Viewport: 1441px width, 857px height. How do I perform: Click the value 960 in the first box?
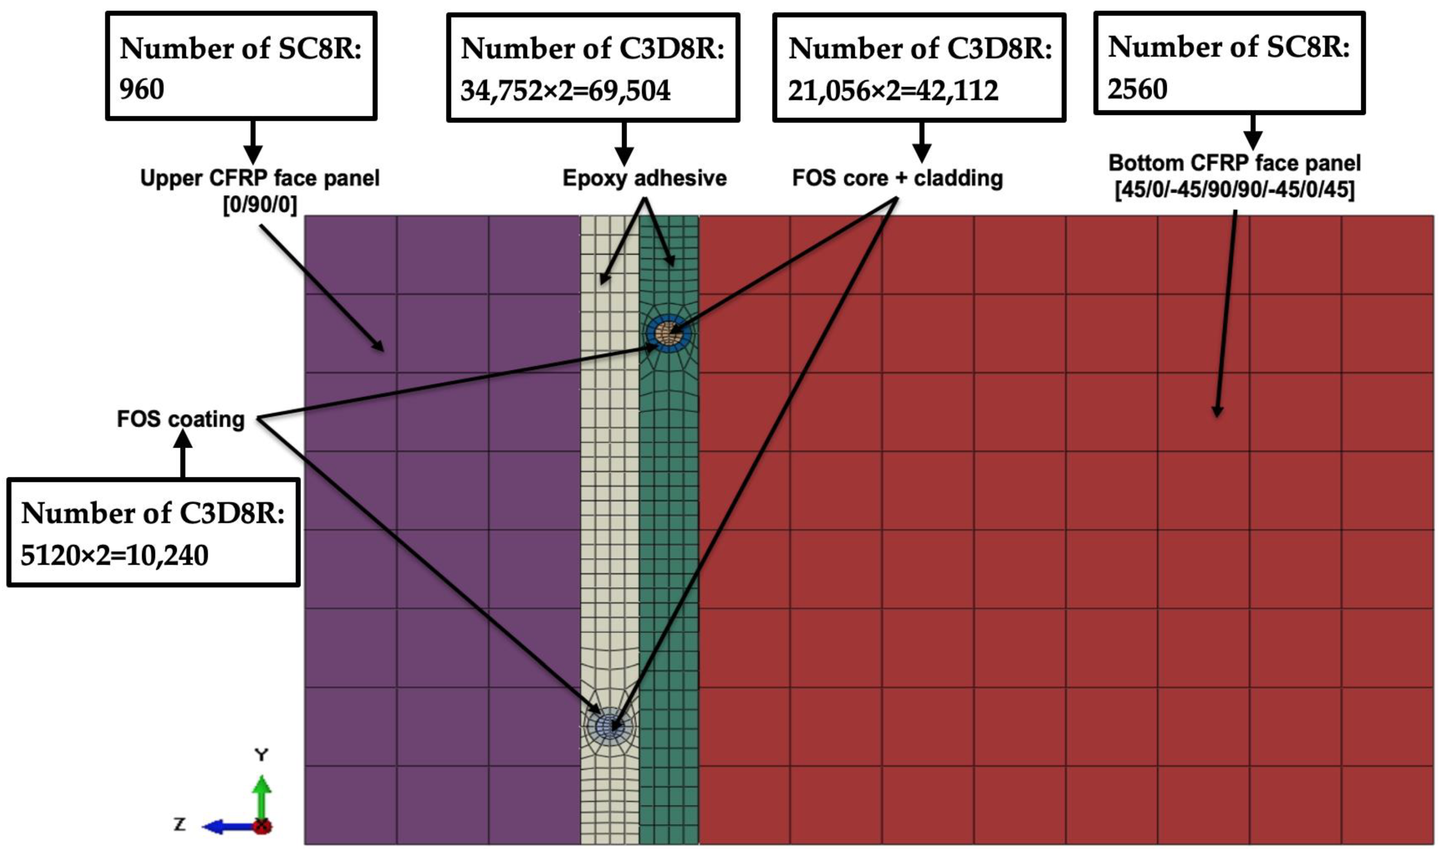click(142, 89)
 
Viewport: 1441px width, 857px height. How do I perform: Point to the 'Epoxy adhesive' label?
click(644, 178)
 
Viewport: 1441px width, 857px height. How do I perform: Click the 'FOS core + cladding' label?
click(897, 178)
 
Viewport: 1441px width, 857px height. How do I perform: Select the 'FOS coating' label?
click(181, 419)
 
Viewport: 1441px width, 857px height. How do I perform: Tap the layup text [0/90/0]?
click(260, 204)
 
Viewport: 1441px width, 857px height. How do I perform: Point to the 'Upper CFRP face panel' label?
click(260, 178)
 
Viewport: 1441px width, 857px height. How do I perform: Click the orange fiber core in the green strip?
click(668, 333)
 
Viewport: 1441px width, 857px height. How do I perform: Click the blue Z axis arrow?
click(228, 826)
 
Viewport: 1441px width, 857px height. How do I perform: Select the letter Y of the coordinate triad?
click(262, 755)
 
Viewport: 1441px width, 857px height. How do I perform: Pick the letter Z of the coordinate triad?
click(180, 824)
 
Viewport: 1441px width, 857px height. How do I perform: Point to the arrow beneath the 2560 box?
click(1252, 132)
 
